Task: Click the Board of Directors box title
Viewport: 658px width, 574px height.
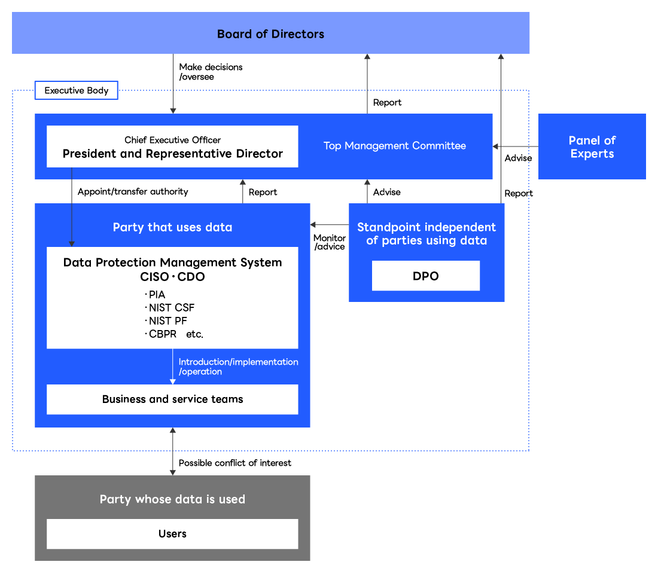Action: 270,34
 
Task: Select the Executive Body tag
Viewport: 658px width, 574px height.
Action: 77,90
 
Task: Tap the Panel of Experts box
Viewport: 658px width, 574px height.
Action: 592,146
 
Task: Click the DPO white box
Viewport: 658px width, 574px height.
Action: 425,276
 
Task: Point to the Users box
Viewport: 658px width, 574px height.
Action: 172,533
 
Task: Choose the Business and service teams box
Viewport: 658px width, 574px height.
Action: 172,399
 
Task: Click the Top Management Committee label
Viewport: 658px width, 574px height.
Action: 394,145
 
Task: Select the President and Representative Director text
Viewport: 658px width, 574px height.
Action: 172,154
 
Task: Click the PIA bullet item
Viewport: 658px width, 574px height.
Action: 157,295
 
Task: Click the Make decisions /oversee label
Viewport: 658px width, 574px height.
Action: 211,72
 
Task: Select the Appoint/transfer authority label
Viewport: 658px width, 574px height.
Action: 133,192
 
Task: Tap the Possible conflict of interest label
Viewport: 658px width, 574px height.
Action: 234,463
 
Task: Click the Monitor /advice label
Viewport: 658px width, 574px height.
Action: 330,242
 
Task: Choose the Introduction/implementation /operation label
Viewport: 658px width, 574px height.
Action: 238,367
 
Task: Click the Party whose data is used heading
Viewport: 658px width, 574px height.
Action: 172,499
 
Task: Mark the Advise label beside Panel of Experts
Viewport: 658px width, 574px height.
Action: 518,158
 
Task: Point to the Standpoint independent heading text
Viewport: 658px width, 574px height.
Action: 426,234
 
